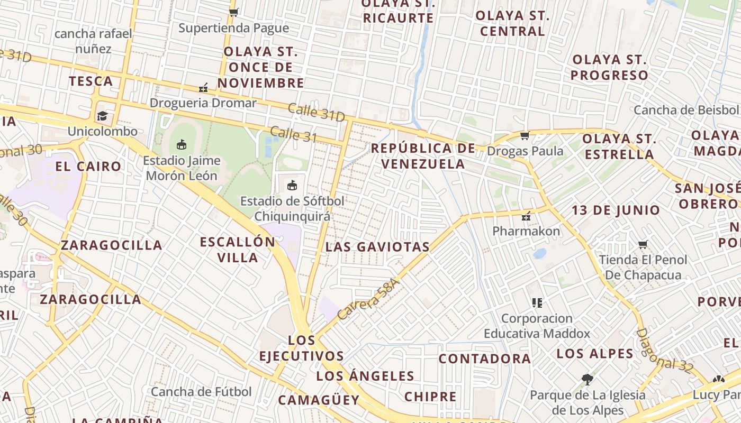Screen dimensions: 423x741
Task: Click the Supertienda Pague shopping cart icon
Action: tap(233, 12)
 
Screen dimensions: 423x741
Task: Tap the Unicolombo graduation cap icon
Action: tap(102, 116)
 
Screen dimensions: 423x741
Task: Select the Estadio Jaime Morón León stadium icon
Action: tap(182, 144)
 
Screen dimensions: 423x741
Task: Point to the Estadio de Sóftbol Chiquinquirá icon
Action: tap(292, 185)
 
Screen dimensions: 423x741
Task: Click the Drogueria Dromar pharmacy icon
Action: tap(203, 87)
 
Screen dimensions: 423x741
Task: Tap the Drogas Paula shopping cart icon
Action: tap(525, 136)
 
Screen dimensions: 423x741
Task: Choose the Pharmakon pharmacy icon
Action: tap(526, 216)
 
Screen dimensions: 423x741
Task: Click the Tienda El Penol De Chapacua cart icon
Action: tap(643, 244)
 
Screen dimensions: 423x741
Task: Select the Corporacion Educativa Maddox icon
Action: tap(537, 303)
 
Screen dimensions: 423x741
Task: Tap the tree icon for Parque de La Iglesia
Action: tap(586, 379)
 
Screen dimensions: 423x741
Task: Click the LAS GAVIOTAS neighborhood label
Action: tap(377, 247)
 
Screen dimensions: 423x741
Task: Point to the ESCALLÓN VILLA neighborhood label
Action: tap(237, 250)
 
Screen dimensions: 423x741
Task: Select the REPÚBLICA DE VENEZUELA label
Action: tap(423, 156)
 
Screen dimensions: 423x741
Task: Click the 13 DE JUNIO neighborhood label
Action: tap(616, 210)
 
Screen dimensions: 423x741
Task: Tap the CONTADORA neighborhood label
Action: tap(484, 358)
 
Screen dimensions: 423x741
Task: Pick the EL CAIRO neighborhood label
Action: tap(88, 167)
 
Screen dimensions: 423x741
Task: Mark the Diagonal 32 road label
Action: tap(664, 351)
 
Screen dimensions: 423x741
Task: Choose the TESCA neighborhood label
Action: tap(91, 81)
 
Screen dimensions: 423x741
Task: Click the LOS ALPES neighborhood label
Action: tap(595, 354)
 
